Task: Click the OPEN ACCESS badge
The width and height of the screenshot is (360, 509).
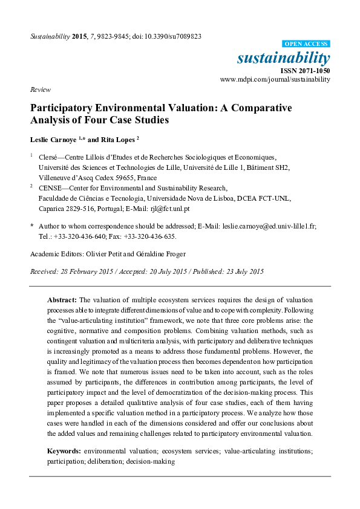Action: coord(306,44)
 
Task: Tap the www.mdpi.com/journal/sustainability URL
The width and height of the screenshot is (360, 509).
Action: coord(275,79)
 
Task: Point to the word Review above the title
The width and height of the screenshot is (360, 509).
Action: coord(39,89)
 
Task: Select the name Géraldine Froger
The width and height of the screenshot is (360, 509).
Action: coord(162,254)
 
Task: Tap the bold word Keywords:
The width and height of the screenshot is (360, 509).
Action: coord(65,452)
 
